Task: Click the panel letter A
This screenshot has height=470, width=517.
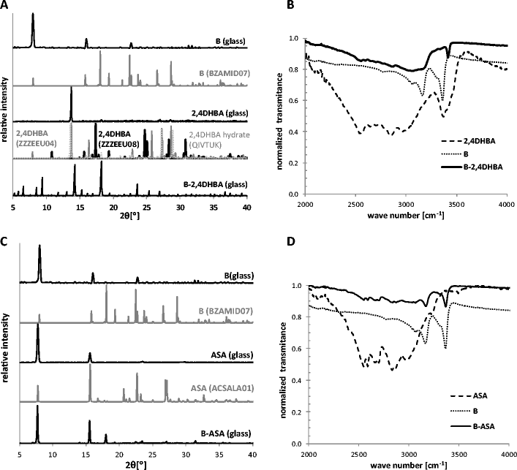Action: (7, 6)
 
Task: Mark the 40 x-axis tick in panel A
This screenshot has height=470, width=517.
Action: (247, 208)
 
